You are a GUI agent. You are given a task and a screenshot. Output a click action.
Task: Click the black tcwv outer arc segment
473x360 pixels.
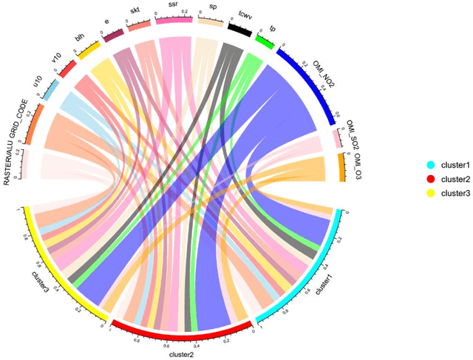(x=239, y=29)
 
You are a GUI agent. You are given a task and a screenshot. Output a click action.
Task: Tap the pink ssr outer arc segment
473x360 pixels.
(x=174, y=21)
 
